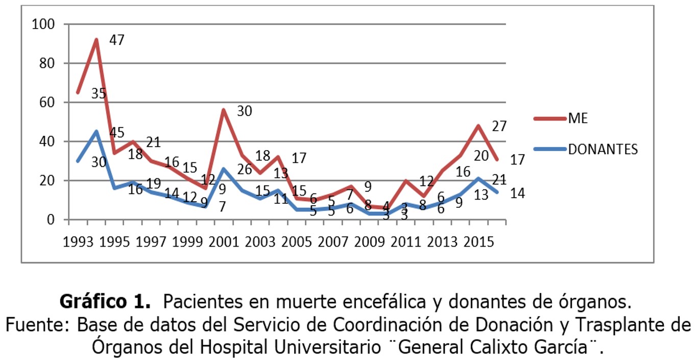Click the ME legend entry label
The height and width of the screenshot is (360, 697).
(578, 118)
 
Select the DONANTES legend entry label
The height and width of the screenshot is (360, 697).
(603, 149)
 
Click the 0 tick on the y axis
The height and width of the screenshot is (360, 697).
(51, 220)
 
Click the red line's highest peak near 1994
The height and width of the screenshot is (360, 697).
(96, 39)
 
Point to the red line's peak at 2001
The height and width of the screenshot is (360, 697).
(224, 110)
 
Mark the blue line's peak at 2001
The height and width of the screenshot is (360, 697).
(224, 169)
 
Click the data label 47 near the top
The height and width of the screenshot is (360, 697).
(117, 40)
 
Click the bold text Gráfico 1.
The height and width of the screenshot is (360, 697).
(105, 302)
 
